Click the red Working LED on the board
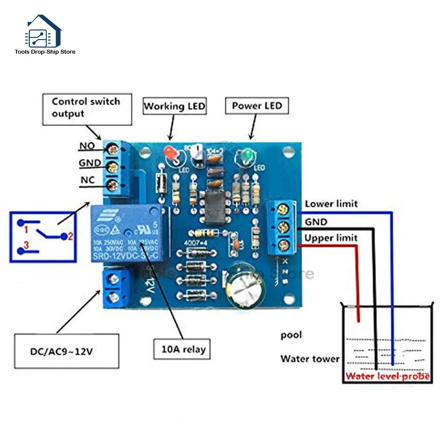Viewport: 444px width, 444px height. tap(170, 154)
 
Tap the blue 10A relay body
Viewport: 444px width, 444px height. tap(128, 233)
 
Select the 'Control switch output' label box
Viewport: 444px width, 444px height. tap(87, 108)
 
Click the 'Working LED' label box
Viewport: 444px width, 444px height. tap(174, 106)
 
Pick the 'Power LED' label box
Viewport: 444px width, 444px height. tap(257, 106)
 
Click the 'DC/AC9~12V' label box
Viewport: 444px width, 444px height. tap(67, 351)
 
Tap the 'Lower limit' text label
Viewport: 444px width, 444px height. tap(331, 204)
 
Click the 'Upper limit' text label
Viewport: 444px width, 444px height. tap(331, 238)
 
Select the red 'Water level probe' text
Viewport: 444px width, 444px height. tap(388, 377)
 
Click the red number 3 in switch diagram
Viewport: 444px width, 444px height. tap(26, 245)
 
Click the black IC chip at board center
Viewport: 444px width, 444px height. tap(212, 207)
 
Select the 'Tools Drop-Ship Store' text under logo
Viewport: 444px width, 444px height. tap(45, 52)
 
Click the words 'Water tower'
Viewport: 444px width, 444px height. tap(309, 358)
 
